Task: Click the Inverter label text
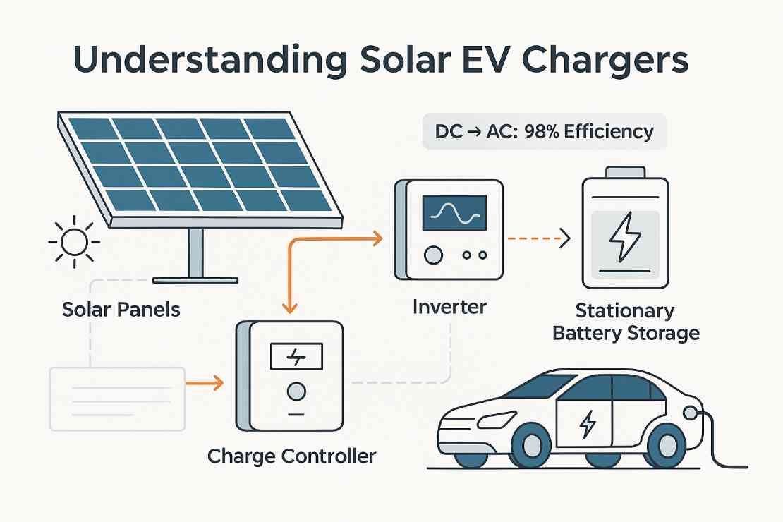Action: (x=450, y=307)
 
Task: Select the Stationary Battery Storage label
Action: (x=626, y=322)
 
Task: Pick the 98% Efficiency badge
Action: (x=544, y=132)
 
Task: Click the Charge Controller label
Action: (x=291, y=456)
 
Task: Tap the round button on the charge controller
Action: (x=296, y=390)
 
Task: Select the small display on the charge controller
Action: (x=296, y=357)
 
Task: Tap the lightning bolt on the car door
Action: (x=586, y=424)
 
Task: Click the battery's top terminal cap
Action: (x=625, y=171)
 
